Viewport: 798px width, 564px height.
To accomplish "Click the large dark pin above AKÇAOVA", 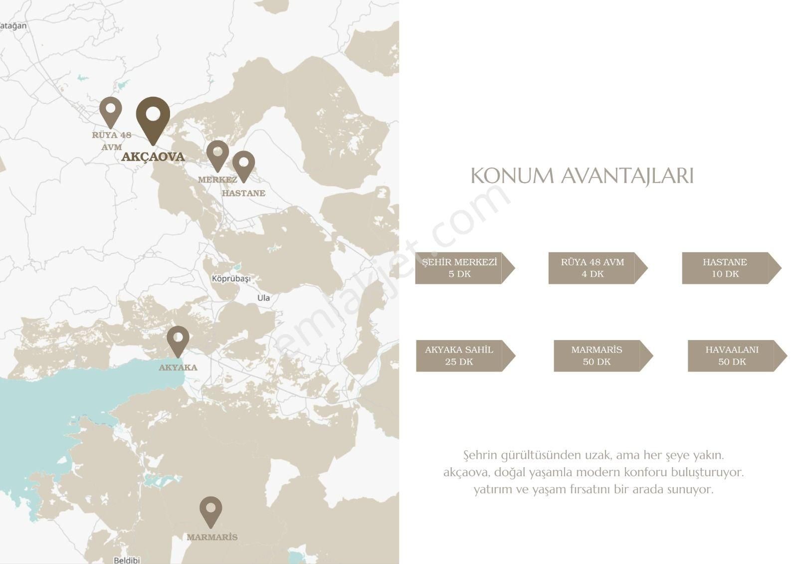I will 153,116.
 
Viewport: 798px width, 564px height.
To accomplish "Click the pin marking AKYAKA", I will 178,339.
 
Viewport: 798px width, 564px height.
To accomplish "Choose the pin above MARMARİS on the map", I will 211,509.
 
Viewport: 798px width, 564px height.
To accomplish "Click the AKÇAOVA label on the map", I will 153,157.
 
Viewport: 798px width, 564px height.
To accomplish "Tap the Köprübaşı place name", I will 231,278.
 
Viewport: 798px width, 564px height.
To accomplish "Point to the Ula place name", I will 263,298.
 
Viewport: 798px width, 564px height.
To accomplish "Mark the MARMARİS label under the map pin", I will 212,538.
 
